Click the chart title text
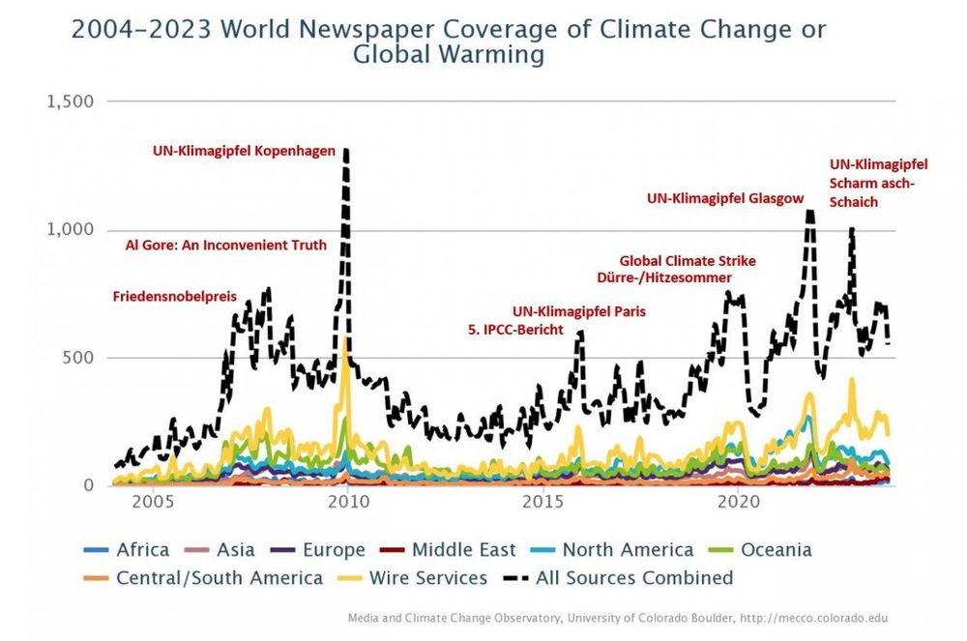(449, 42)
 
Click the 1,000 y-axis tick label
(71, 230)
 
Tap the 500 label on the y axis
(77, 358)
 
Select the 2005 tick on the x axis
(152, 504)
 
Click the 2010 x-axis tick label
(347, 504)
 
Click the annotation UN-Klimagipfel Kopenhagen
(244, 151)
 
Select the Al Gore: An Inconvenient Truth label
(226, 246)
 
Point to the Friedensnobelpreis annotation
(175, 296)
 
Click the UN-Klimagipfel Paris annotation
(578, 311)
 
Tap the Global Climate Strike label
(688, 261)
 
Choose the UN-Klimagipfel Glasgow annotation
(725, 198)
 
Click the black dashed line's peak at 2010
(346, 151)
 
